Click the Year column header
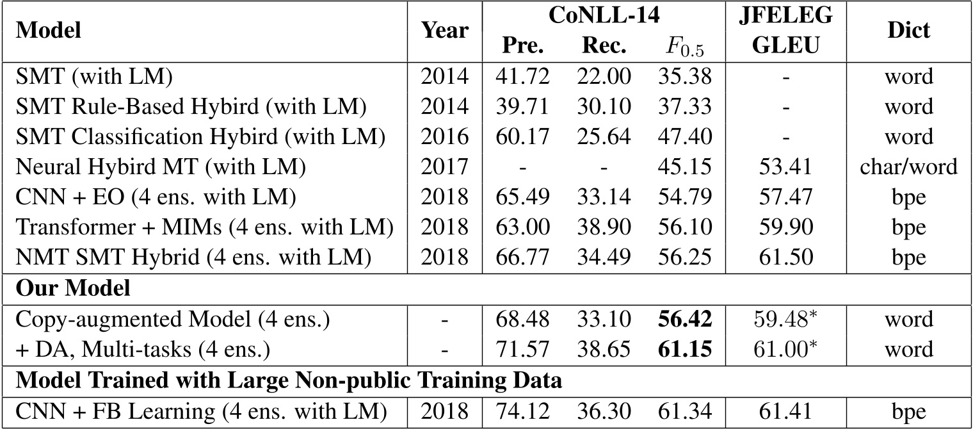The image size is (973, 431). click(445, 30)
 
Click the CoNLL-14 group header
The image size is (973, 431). click(604, 15)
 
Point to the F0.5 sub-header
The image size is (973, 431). click(684, 47)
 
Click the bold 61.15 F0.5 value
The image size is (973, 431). click(684, 350)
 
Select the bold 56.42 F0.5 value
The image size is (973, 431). click(684, 320)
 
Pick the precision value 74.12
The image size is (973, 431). click(522, 411)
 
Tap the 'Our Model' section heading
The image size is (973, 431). click(72, 289)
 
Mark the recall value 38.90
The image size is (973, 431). click(606, 228)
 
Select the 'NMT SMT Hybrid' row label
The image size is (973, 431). click(193, 258)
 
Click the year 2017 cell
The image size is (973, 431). click(445, 167)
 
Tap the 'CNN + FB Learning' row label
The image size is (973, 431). click(201, 411)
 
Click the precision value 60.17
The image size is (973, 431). click(522, 137)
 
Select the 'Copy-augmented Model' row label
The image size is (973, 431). click(173, 320)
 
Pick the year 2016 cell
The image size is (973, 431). click(445, 137)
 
